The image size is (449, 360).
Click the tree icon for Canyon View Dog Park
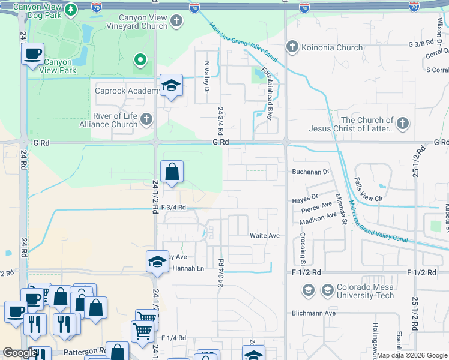(71, 10)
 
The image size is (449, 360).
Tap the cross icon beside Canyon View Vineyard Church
(176, 22)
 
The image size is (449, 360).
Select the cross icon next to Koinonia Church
(292, 47)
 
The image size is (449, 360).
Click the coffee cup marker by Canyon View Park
(32, 54)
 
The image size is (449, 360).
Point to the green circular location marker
(140, 59)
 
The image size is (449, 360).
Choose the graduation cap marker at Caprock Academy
(171, 86)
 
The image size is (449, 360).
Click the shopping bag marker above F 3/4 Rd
(172, 172)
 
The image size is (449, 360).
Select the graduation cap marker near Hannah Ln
(157, 262)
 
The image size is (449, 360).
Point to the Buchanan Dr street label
(311, 171)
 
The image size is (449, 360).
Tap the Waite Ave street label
(265, 236)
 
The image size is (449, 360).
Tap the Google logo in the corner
(20, 353)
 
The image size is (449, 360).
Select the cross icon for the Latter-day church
(402, 124)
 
